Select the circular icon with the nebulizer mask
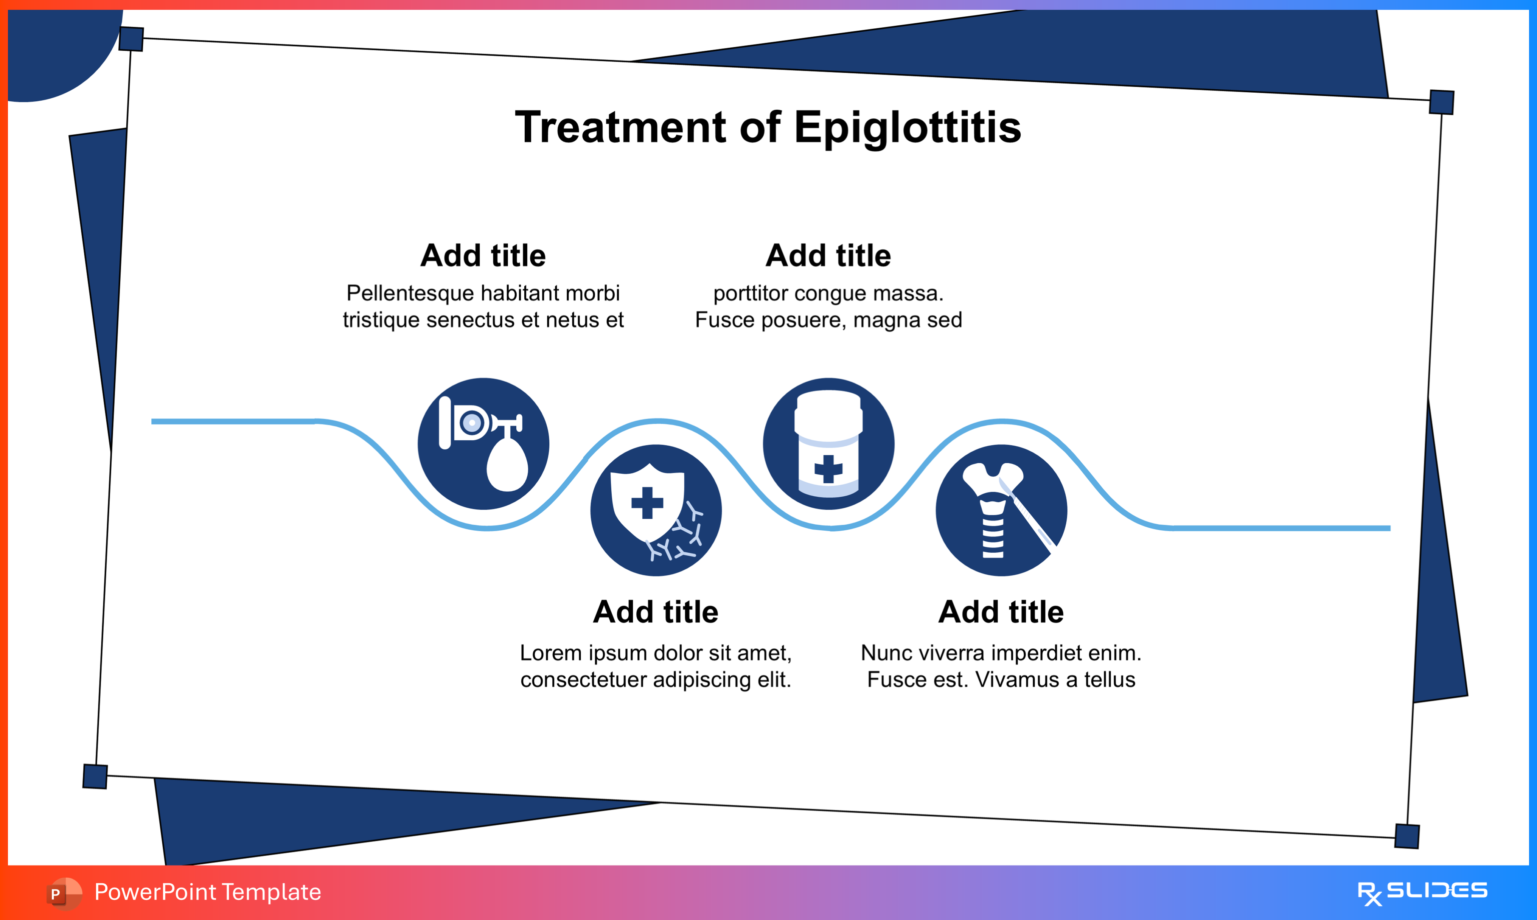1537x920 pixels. click(483, 444)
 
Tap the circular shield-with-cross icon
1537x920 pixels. click(656, 510)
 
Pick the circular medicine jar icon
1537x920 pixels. click(828, 444)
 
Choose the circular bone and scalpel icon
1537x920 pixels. click(1001, 510)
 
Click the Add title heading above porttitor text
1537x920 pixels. click(828, 255)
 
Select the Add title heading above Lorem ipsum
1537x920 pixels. click(656, 612)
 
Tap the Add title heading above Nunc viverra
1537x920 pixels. click(1001, 612)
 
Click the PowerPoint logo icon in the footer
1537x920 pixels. click(63, 893)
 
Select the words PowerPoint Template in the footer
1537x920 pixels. click(208, 892)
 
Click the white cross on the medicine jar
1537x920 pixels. click(828, 469)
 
